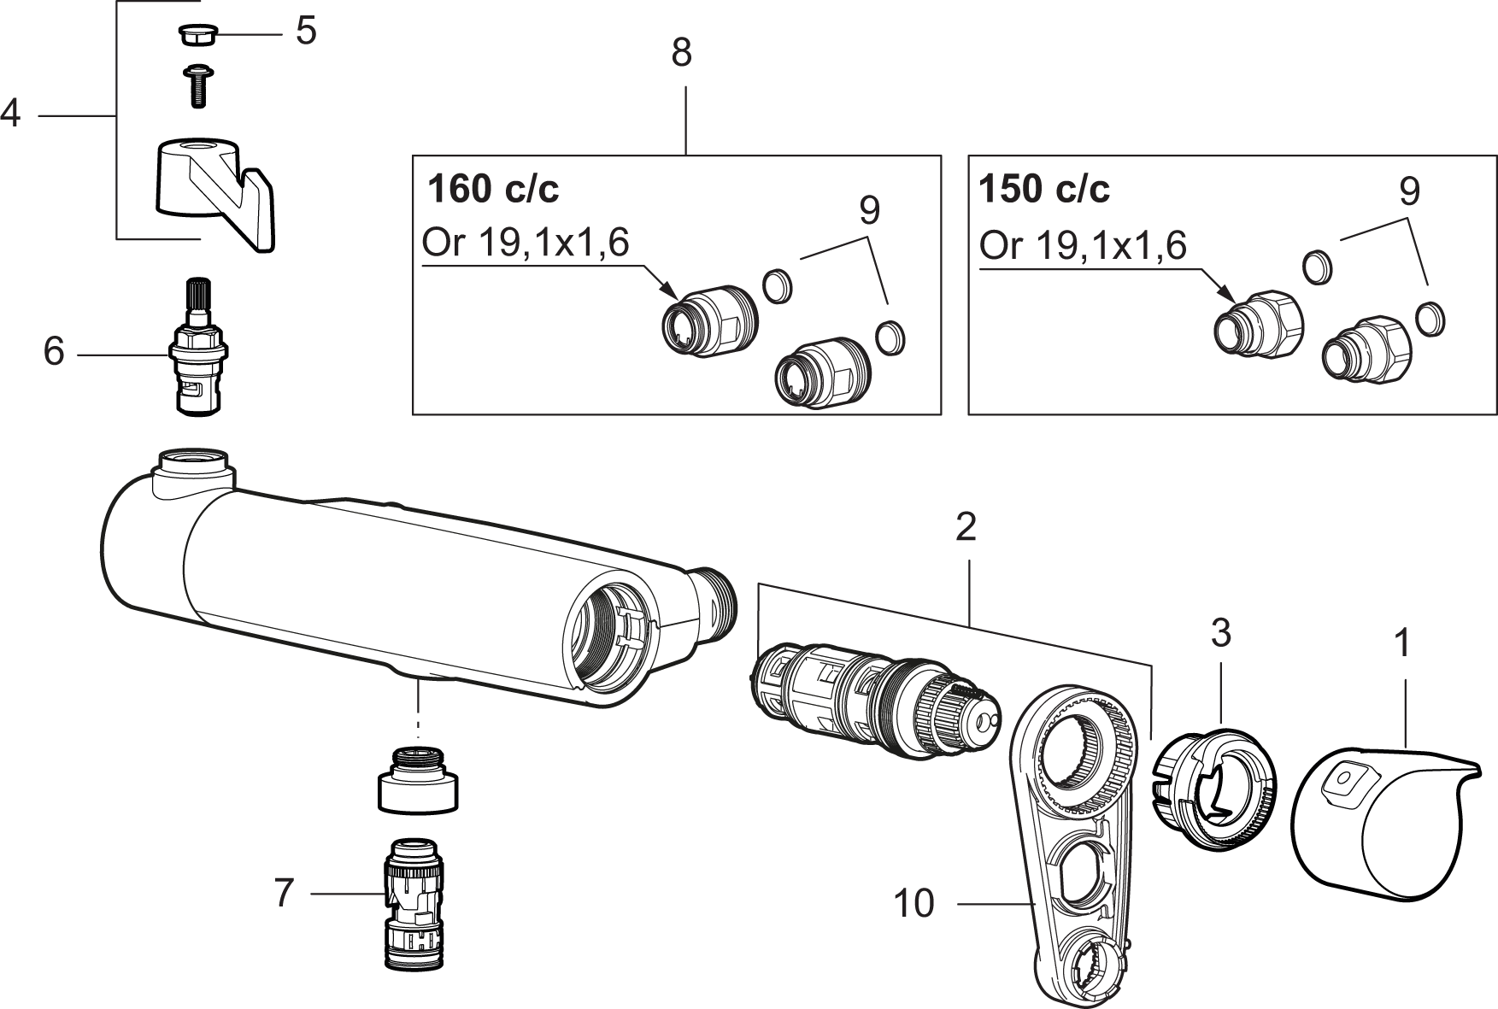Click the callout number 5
click(x=306, y=32)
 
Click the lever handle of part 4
click(x=214, y=193)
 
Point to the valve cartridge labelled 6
click(x=199, y=347)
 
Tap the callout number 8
click(x=681, y=53)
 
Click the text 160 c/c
click(x=492, y=189)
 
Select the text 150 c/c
click(x=1044, y=189)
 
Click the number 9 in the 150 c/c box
click(x=1409, y=191)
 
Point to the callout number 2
click(x=966, y=528)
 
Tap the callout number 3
click(x=1221, y=633)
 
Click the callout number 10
click(x=915, y=903)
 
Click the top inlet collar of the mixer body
click(x=193, y=471)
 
